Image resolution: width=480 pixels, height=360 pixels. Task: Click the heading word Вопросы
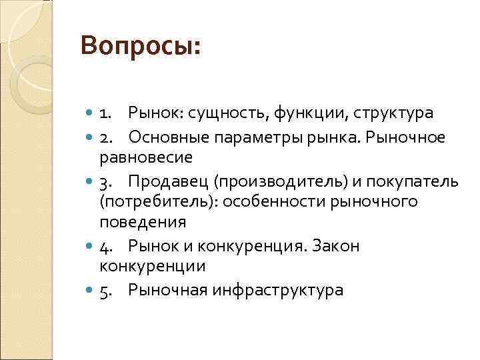pos(139,48)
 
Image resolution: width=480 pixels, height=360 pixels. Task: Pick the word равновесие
pos(146,157)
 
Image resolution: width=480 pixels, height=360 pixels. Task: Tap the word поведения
pos(143,222)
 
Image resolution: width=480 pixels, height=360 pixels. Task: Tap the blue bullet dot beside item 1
pos(91,113)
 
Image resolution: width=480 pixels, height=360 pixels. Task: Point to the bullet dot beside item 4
pos(91,246)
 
